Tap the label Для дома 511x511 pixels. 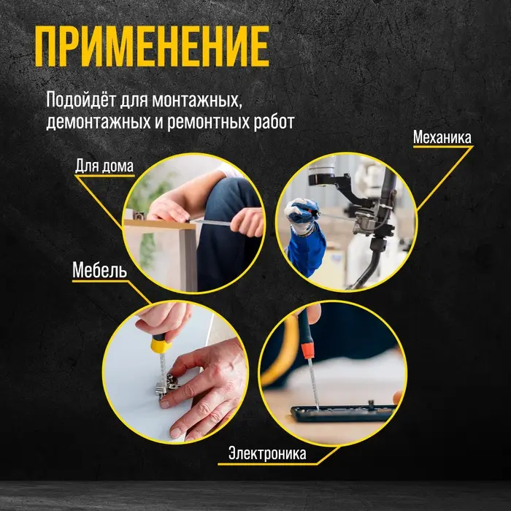coord(104,165)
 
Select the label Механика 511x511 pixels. coord(442,137)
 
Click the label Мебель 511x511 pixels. coord(100,271)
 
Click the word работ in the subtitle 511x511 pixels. coord(274,121)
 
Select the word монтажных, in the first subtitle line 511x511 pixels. coord(200,99)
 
